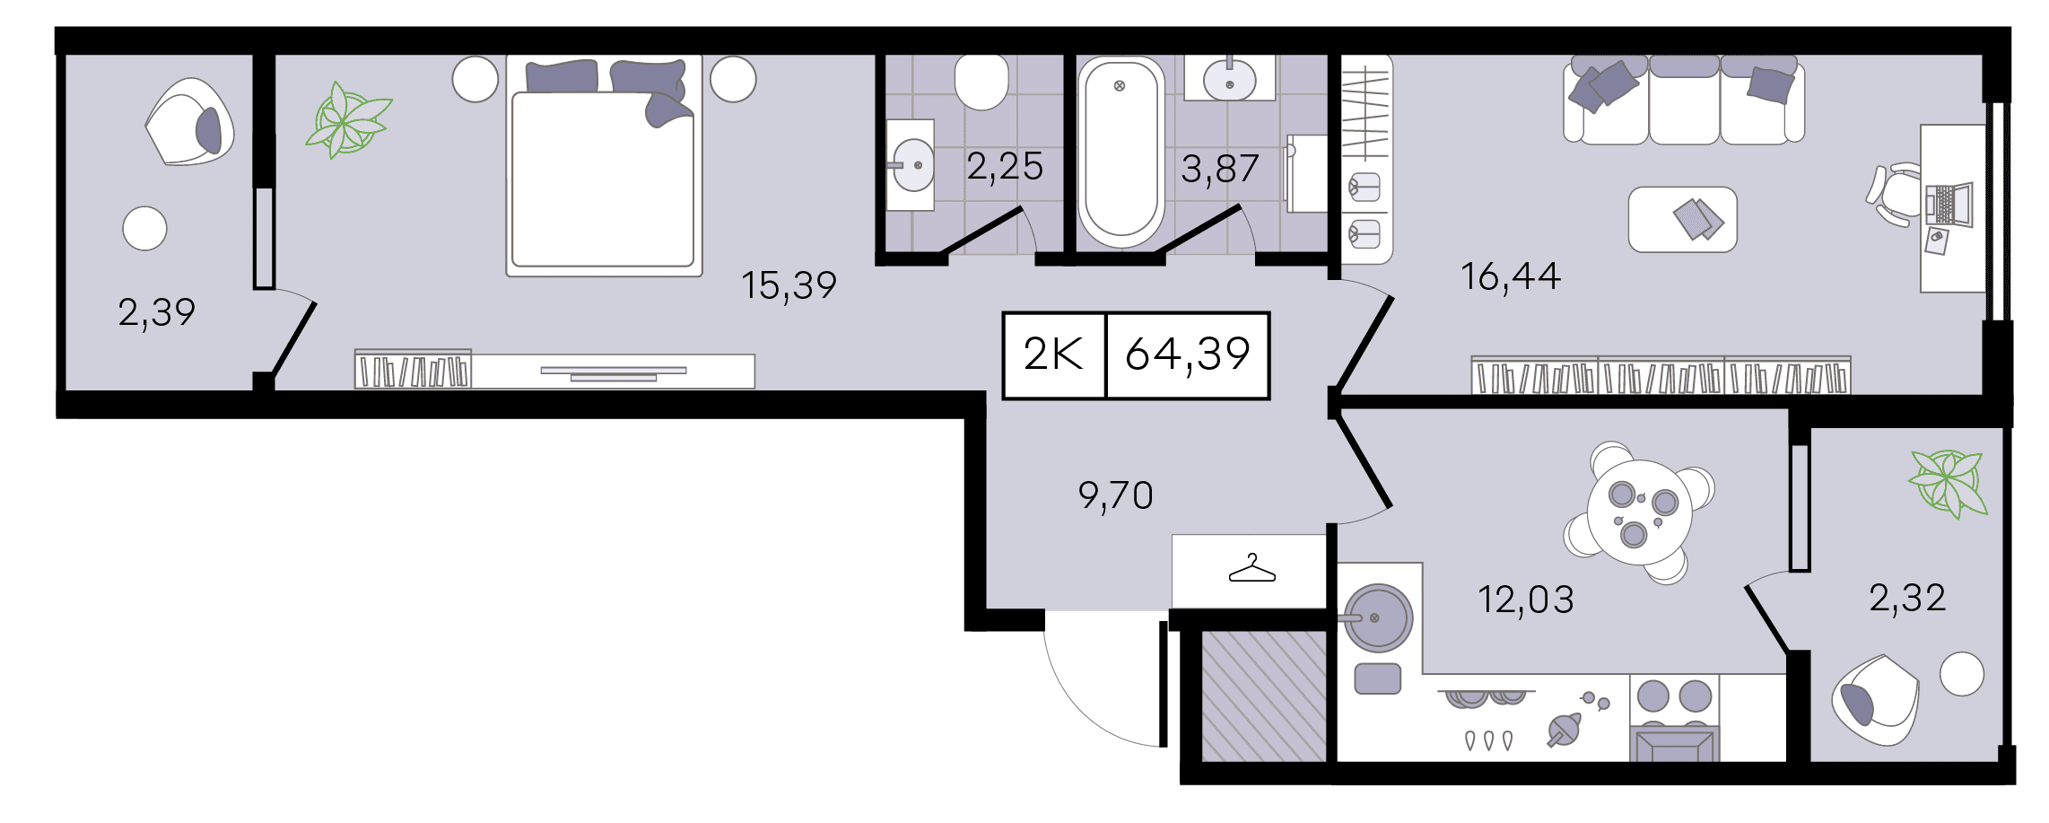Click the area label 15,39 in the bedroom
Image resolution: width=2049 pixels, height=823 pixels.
789,285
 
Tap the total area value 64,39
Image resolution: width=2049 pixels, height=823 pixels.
1188,354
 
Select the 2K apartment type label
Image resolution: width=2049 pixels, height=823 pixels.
1053,354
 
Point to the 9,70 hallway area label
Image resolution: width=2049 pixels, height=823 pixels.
1115,495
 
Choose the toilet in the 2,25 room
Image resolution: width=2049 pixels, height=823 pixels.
981,81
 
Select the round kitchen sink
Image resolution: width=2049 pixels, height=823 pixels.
1377,617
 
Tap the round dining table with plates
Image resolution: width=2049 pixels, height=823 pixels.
1639,512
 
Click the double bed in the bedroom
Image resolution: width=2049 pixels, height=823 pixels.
604,165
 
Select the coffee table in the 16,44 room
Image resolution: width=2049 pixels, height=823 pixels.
1682,219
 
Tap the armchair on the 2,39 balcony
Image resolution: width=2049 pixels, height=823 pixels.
190,122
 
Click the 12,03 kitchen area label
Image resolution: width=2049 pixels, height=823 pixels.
1525,600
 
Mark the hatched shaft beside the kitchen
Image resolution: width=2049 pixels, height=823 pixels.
1263,696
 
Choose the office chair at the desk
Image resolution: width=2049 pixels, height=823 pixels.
1895,195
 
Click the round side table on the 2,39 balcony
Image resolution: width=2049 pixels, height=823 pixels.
144,228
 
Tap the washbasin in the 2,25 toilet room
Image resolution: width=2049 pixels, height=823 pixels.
911,165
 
